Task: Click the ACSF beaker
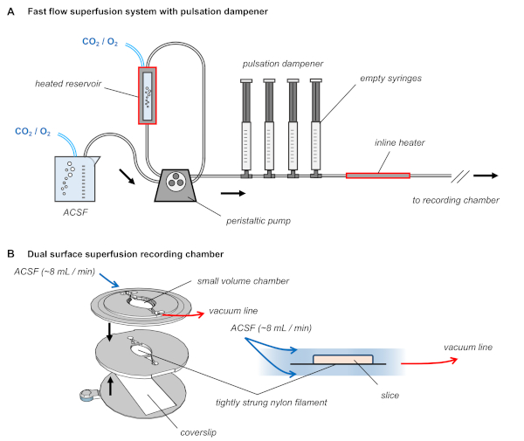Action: [x=75, y=179]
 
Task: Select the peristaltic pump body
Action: [x=176, y=185]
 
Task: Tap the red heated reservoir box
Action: [x=148, y=95]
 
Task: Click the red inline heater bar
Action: [x=378, y=176]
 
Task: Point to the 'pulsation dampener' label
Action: [x=283, y=64]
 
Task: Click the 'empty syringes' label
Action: [x=390, y=79]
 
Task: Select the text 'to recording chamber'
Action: [x=456, y=200]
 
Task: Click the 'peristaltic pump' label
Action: [x=259, y=221]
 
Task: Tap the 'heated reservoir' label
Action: [x=68, y=84]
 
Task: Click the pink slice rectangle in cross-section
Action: [x=343, y=360]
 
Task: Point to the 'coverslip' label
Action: [x=198, y=432]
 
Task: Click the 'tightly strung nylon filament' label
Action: [x=271, y=403]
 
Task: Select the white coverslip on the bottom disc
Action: [x=149, y=394]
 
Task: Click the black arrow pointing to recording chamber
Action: [x=486, y=176]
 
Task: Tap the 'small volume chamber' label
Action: [x=243, y=281]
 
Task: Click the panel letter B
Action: [x=10, y=254]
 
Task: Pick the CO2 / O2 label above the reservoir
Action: [x=100, y=42]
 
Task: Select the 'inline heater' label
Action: [x=399, y=142]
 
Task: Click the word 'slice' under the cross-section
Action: [x=390, y=396]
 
